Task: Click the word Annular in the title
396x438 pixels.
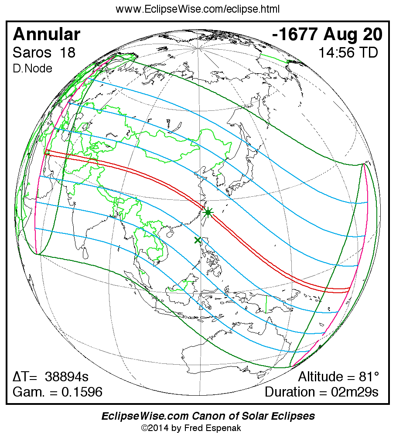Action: click(47, 34)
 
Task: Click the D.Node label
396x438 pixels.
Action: click(33, 68)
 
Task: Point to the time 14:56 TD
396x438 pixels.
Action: click(348, 53)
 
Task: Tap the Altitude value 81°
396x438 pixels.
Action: click(368, 377)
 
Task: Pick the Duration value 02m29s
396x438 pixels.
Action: click(354, 392)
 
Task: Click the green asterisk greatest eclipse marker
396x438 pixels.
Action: click(208, 212)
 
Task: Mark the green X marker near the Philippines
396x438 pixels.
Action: click(198, 240)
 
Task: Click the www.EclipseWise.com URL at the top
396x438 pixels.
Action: click(198, 9)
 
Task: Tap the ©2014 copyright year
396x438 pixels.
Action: click(155, 428)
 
